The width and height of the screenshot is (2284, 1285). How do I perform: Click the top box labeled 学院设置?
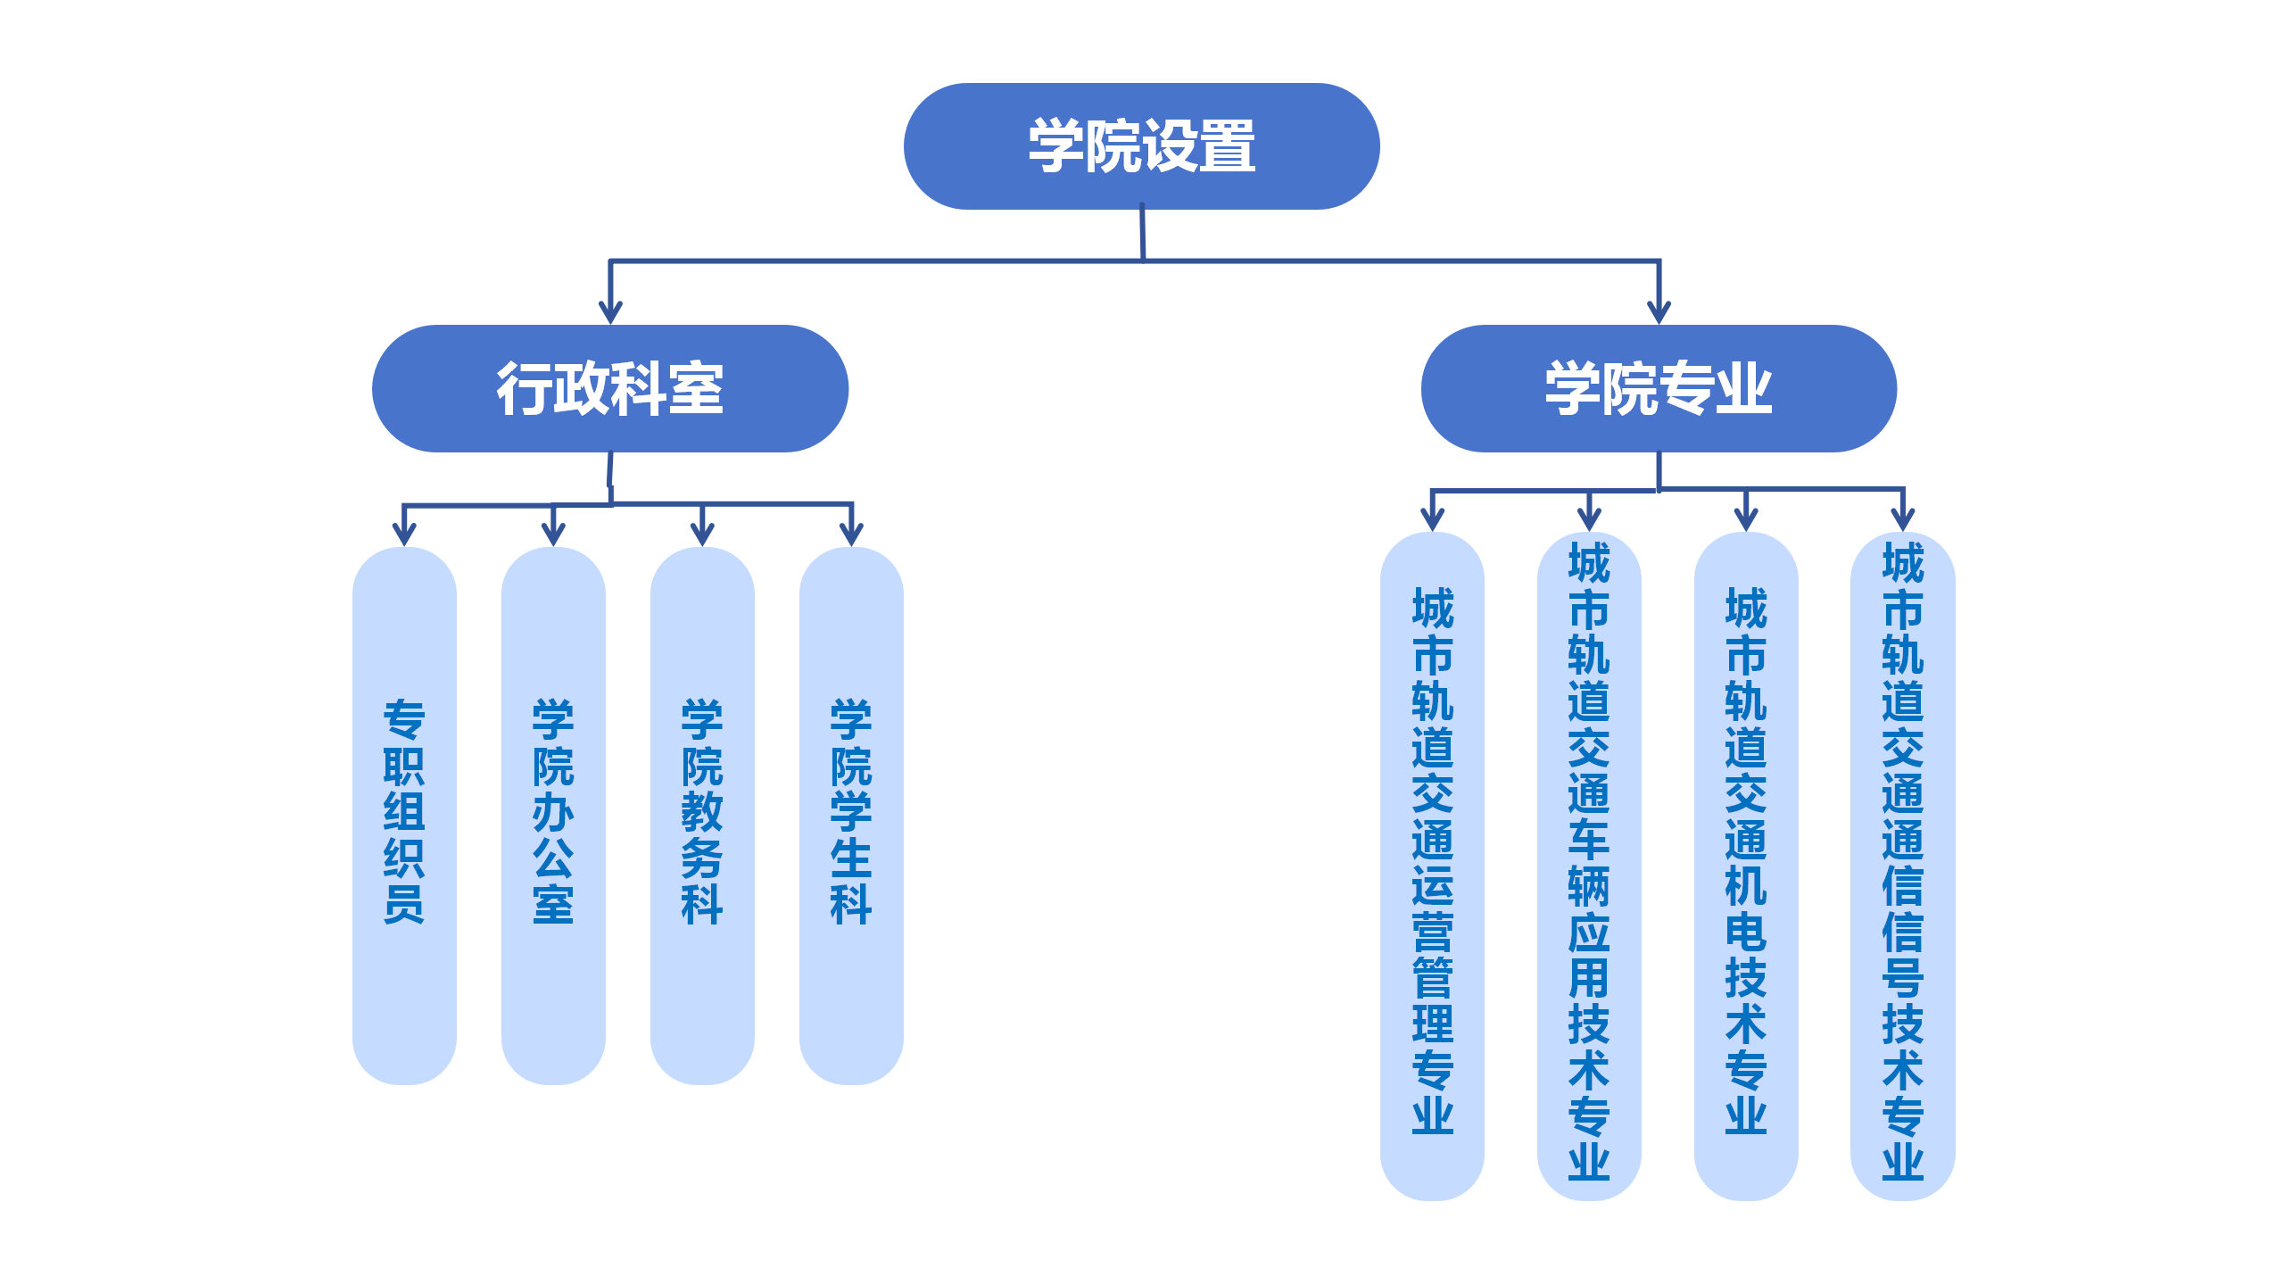point(1141,146)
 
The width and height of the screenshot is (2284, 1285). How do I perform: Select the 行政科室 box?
point(609,388)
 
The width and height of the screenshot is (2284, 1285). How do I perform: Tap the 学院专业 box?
point(1658,388)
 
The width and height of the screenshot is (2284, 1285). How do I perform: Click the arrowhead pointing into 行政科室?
point(610,312)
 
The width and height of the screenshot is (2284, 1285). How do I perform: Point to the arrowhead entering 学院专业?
point(1659,312)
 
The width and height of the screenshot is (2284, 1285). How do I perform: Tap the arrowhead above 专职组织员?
point(404,535)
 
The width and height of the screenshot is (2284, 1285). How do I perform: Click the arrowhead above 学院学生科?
point(851,535)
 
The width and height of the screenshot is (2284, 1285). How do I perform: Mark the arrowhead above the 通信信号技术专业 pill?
point(1902,520)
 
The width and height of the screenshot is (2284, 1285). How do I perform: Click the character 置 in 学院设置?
point(1228,146)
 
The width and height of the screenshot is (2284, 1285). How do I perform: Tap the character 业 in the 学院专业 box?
point(1743,389)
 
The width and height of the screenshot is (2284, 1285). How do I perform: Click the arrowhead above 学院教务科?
point(702,535)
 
